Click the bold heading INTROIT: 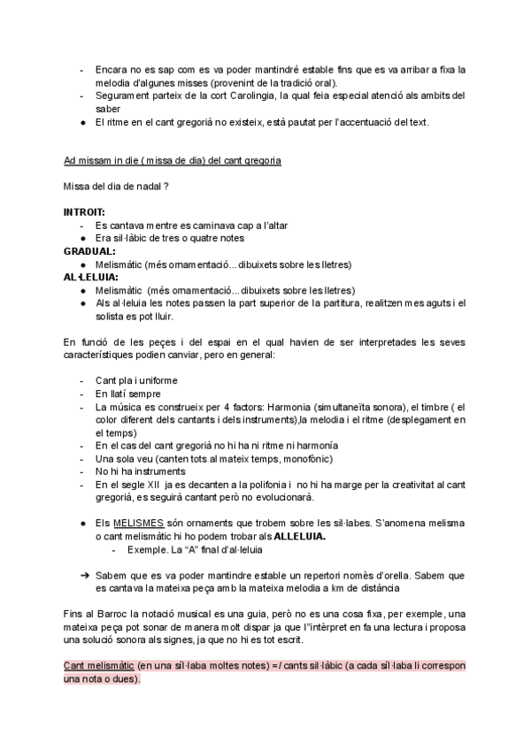[84, 213]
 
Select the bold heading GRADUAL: [89, 251]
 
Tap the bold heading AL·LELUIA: [92, 277]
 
